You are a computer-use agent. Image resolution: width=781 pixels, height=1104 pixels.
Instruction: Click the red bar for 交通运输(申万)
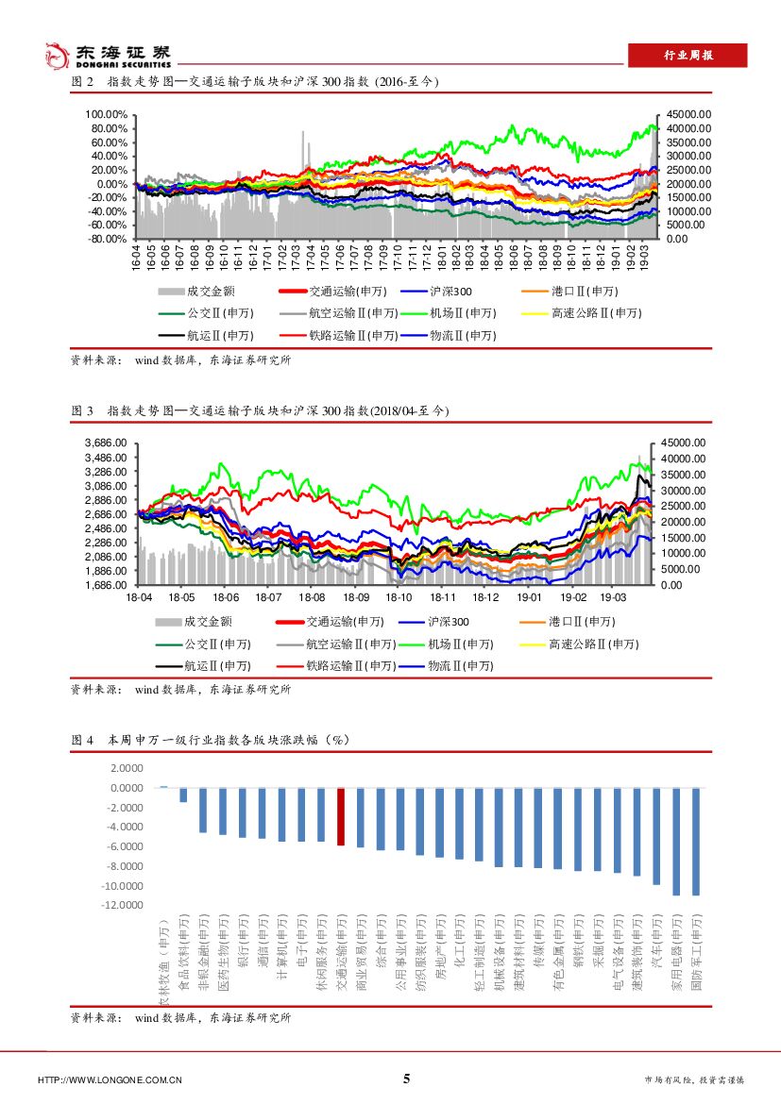pos(341,816)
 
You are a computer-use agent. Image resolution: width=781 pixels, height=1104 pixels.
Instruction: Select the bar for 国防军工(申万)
pos(696,841)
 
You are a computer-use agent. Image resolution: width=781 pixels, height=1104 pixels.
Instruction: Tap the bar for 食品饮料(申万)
pos(183,795)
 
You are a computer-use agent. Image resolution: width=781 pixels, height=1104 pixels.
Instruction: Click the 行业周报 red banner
pos(688,56)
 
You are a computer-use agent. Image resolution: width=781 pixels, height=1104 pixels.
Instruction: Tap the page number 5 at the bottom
pos(407,1079)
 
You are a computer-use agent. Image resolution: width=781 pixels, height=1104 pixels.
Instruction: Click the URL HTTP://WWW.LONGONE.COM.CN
pos(110,1079)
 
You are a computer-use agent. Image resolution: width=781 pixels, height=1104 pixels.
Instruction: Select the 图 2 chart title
pos(255,83)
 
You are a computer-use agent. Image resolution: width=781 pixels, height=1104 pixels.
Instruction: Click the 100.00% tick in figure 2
pos(108,114)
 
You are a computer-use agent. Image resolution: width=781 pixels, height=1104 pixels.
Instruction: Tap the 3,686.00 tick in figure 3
pos(107,443)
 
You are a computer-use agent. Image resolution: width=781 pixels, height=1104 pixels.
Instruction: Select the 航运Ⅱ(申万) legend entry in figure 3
pos(219,666)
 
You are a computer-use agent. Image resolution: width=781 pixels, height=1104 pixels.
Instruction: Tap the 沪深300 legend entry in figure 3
pos(448,621)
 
